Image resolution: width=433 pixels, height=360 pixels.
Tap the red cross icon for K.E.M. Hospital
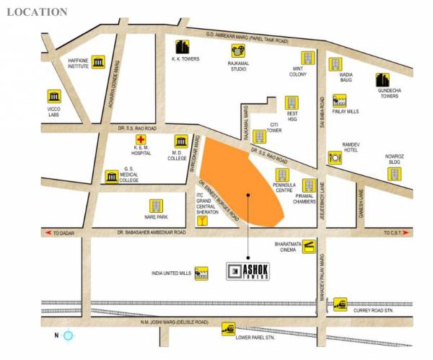(141, 140)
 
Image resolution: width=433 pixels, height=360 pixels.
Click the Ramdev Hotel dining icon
(335, 157)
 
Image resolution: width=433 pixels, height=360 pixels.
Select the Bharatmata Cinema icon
(308, 247)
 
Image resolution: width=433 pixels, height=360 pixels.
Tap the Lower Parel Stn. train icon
(229, 328)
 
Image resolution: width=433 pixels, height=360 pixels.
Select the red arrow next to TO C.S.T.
(408, 233)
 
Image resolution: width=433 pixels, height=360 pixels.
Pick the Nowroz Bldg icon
(393, 173)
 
